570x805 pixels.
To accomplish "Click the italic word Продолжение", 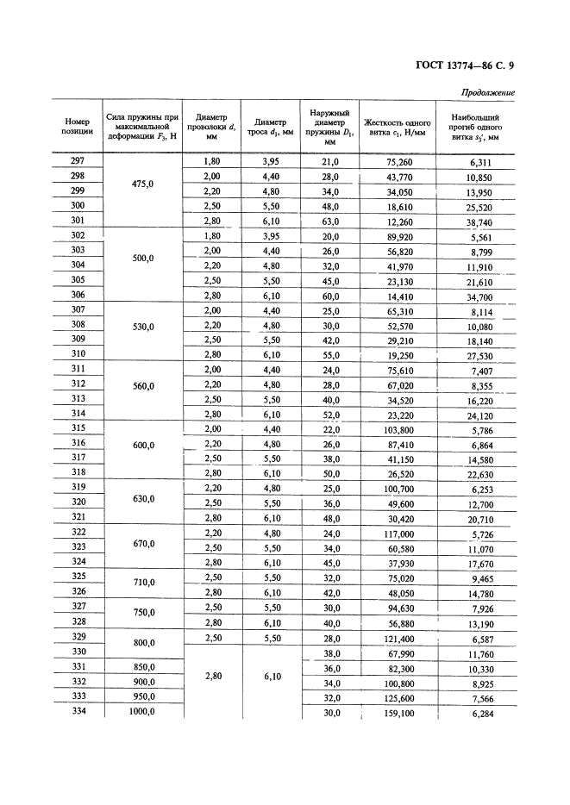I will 487,92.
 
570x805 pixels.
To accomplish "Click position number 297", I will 78,161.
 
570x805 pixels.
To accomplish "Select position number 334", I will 78,712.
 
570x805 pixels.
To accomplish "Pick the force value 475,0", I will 141,190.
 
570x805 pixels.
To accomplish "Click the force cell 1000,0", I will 141,712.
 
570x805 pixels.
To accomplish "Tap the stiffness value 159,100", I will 396,713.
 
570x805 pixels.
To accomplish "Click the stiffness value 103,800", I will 396,428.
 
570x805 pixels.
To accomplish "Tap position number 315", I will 78,428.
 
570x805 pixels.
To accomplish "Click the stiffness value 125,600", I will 396,698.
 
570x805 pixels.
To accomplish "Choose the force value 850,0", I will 141,667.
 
